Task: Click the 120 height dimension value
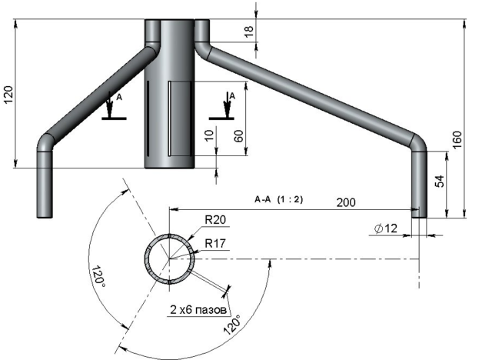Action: coord(8,95)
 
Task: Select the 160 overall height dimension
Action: coord(457,140)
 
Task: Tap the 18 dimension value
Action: coord(248,32)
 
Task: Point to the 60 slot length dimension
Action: coord(238,136)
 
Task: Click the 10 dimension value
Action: coord(209,135)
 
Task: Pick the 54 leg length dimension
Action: coord(440,181)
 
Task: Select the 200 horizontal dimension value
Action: coord(346,202)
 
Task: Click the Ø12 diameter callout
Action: coord(386,228)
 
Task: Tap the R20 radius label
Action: coord(215,220)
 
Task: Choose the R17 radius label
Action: coord(215,243)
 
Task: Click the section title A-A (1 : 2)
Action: coord(278,199)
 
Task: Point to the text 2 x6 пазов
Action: coord(198,310)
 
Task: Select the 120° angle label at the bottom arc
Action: coord(232,324)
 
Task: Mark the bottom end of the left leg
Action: coord(45,217)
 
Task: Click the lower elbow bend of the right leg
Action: coord(418,143)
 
